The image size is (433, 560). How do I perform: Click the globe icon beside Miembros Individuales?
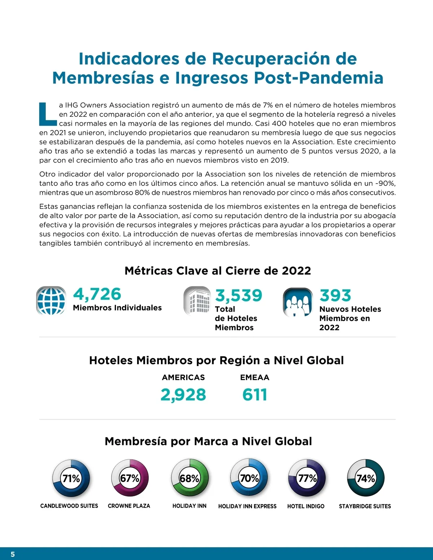click(x=51, y=300)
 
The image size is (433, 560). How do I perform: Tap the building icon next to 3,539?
click(x=197, y=301)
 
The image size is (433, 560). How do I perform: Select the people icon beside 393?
click(x=298, y=302)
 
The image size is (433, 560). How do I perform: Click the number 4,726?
click(x=97, y=294)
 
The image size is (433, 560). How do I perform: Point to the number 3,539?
click(x=239, y=295)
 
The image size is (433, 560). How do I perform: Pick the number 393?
click(x=335, y=295)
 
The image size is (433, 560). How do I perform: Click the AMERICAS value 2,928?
click(x=183, y=394)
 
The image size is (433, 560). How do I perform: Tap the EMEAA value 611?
click(x=255, y=394)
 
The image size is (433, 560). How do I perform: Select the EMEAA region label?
click(x=255, y=378)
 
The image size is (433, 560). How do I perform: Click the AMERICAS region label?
click(x=183, y=378)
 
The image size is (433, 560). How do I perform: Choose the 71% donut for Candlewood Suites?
click(x=71, y=478)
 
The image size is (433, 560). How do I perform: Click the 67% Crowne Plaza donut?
click(x=130, y=478)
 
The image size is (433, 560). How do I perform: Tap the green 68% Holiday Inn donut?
click(x=189, y=478)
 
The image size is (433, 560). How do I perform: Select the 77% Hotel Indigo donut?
click(x=307, y=478)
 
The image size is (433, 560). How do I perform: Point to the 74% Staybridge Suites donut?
click(x=366, y=478)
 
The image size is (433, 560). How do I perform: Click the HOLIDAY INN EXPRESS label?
click(x=247, y=506)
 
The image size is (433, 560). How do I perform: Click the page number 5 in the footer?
click(x=13, y=554)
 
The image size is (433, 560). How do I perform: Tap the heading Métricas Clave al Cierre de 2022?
click(x=218, y=271)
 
